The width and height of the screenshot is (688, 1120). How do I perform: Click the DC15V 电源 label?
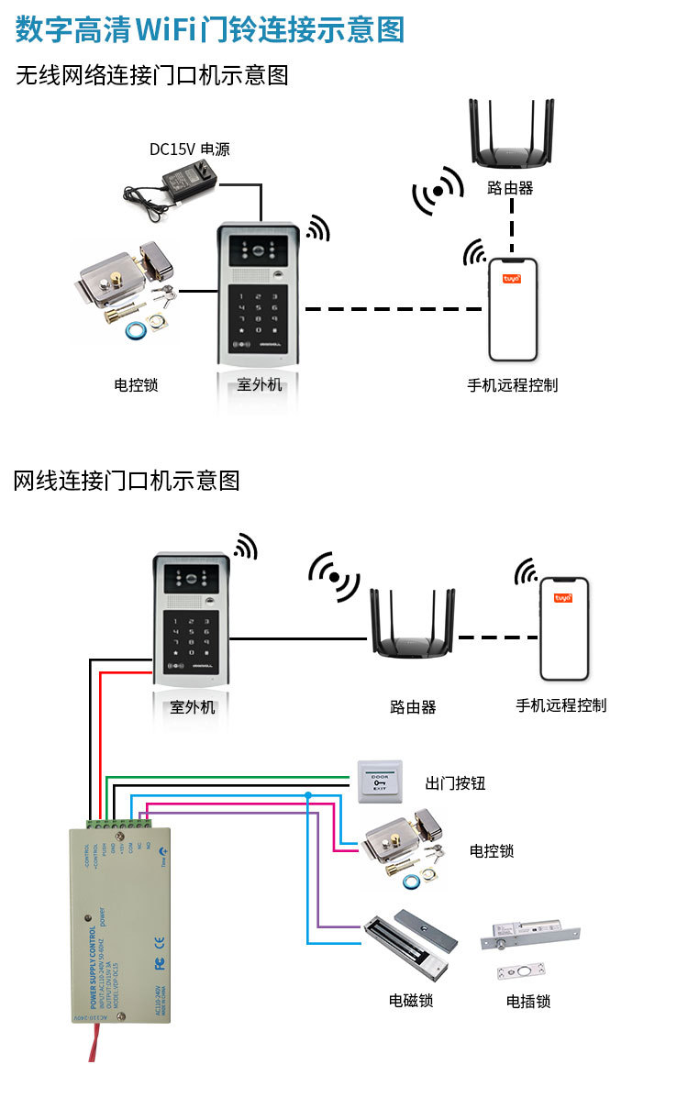190,149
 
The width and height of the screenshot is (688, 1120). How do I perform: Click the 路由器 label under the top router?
511,189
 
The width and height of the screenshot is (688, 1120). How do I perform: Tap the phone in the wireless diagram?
513,309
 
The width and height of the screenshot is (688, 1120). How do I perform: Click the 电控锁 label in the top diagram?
136,385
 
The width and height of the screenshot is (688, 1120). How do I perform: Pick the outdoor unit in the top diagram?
261,294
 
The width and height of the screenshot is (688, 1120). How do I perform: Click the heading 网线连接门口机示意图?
127,480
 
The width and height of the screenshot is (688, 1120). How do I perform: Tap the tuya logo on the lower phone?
563,598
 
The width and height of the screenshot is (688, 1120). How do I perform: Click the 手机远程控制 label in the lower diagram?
561,705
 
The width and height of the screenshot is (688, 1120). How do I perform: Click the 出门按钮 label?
455,783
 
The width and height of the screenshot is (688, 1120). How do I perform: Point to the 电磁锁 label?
411,1000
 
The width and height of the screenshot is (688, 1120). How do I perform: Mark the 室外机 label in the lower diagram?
193,707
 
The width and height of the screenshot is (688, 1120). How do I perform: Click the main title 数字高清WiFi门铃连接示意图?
210,30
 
